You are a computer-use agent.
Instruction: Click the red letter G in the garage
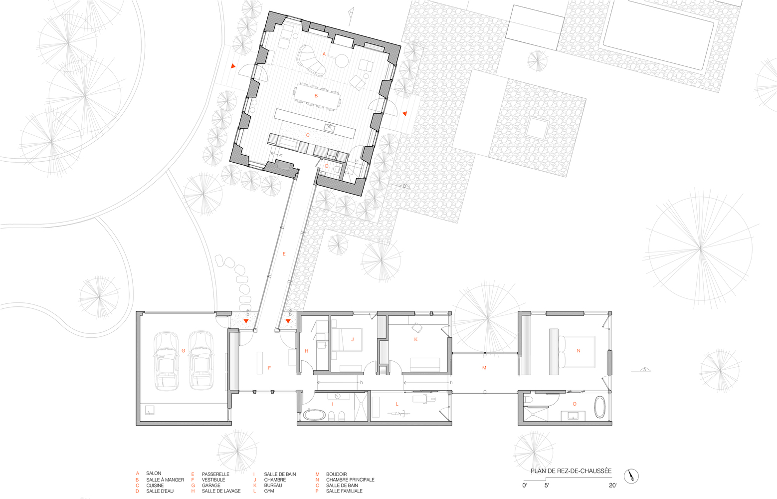(x=183, y=351)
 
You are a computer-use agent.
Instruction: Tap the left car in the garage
(x=166, y=361)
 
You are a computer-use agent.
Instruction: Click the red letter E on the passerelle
(x=284, y=254)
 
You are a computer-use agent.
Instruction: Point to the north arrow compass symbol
(x=631, y=476)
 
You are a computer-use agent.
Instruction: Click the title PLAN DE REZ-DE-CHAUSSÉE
(x=571, y=471)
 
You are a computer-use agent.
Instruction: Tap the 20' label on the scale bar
(x=612, y=485)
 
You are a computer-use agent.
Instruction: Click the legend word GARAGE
(x=211, y=486)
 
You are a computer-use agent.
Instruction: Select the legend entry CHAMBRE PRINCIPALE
(x=350, y=480)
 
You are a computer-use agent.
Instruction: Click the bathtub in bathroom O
(x=600, y=407)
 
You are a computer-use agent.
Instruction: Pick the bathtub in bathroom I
(x=314, y=415)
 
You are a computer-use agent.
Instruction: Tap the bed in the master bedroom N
(x=577, y=351)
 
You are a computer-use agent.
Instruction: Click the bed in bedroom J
(x=347, y=340)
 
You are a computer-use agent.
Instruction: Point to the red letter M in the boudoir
(x=484, y=368)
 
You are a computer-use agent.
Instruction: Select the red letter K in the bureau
(x=416, y=339)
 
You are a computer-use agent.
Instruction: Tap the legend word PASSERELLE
(x=215, y=474)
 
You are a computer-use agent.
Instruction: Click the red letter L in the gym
(x=397, y=404)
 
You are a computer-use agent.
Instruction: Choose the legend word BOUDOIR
(x=336, y=474)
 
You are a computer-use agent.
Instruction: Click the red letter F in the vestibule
(x=269, y=368)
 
